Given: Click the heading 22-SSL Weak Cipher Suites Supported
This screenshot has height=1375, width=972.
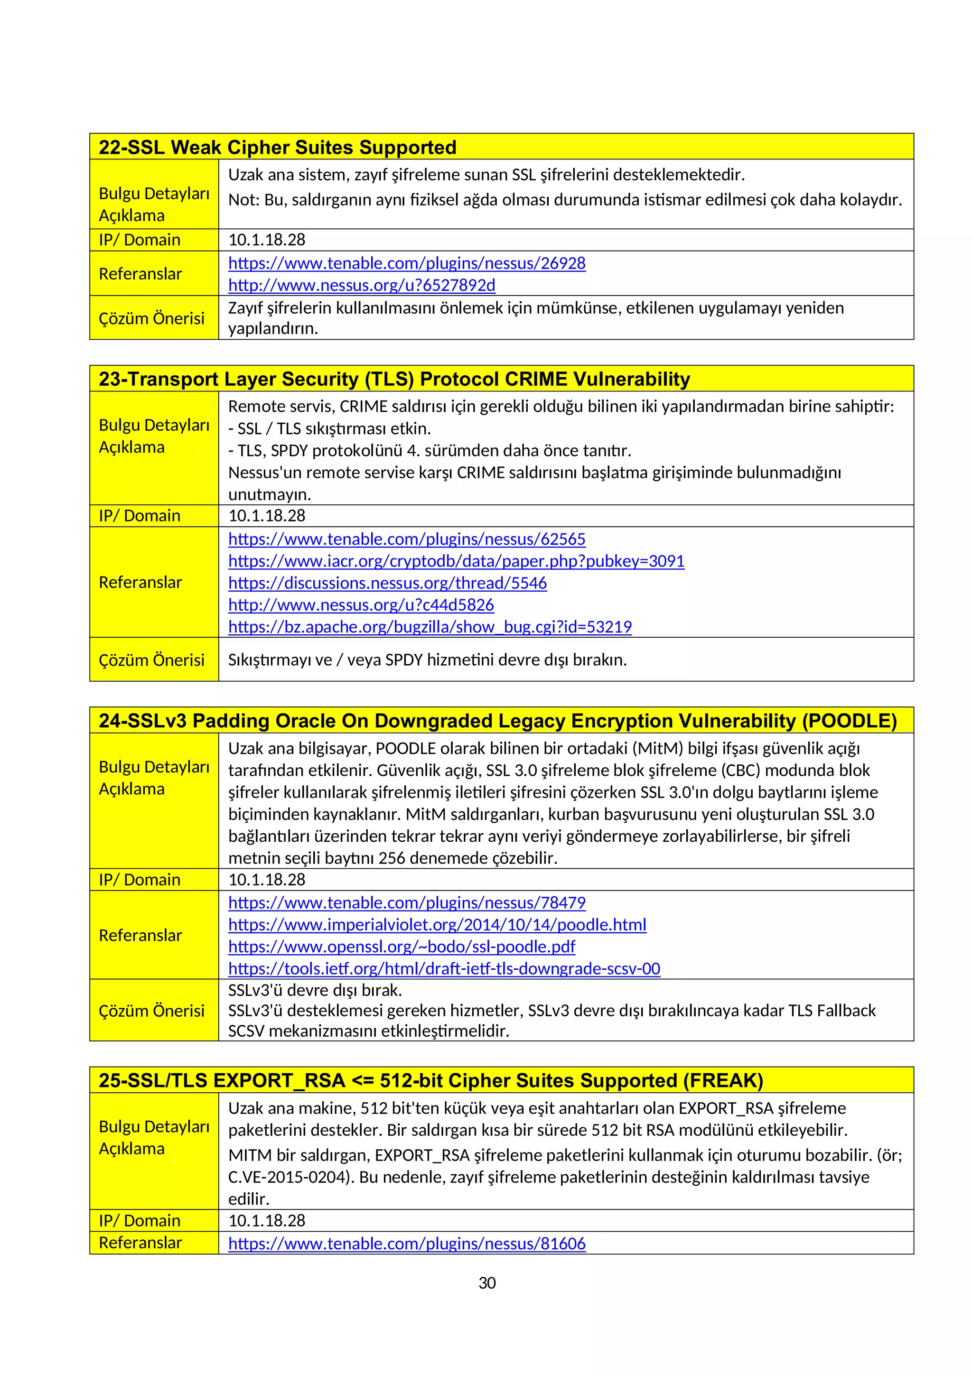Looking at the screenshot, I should click(277, 147).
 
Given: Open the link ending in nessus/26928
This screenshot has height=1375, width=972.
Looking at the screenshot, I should click(407, 263).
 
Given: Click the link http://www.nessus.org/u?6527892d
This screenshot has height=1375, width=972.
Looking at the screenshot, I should click(362, 285).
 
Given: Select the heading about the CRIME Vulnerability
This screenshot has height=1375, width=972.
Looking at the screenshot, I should click(394, 379).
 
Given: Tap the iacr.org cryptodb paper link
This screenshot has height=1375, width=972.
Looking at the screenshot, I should click(456, 561).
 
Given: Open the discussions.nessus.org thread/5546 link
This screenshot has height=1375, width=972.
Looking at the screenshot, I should click(387, 583).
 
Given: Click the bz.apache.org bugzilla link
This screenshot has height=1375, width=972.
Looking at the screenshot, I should click(430, 627).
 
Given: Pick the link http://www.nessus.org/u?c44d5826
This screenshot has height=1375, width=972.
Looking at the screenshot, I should click(361, 605).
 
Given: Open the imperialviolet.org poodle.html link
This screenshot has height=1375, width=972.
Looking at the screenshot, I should click(437, 925).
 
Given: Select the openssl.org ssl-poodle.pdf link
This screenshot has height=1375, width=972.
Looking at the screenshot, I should click(401, 947).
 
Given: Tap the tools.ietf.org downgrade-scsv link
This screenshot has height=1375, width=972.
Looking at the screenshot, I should click(444, 969).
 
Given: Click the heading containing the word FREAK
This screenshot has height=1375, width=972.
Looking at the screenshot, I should click(430, 1081).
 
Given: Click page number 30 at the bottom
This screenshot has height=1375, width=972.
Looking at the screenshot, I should click(487, 1283).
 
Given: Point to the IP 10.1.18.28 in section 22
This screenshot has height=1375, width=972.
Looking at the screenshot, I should click(267, 240).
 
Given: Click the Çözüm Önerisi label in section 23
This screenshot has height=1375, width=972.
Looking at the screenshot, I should click(151, 660).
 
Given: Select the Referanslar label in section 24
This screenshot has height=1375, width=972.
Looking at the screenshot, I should click(140, 936).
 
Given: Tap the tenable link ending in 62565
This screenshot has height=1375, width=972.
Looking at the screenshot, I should click(407, 539).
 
